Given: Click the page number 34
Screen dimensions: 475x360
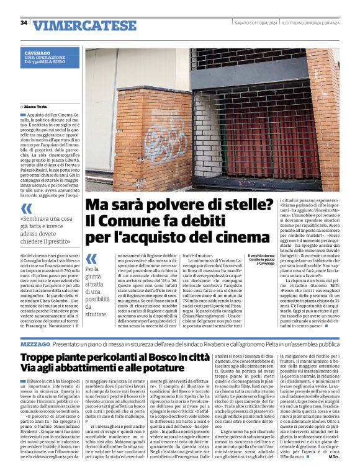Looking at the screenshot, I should click(x=24, y=23).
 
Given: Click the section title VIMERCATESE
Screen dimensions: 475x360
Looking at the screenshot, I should click(x=84, y=25).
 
